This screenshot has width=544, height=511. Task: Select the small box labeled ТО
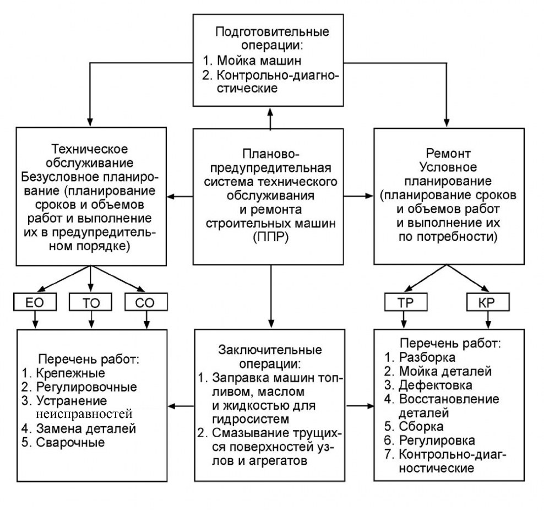click(x=90, y=301)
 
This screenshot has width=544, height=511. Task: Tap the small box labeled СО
click(x=146, y=301)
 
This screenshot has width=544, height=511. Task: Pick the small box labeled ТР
click(x=405, y=301)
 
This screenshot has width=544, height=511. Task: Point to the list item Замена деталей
click(x=85, y=428)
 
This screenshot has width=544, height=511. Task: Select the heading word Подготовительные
click(x=270, y=31)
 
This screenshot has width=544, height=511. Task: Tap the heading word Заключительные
click(x=270, y=350)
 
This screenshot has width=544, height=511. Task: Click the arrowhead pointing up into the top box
click(x=270, y=111)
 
